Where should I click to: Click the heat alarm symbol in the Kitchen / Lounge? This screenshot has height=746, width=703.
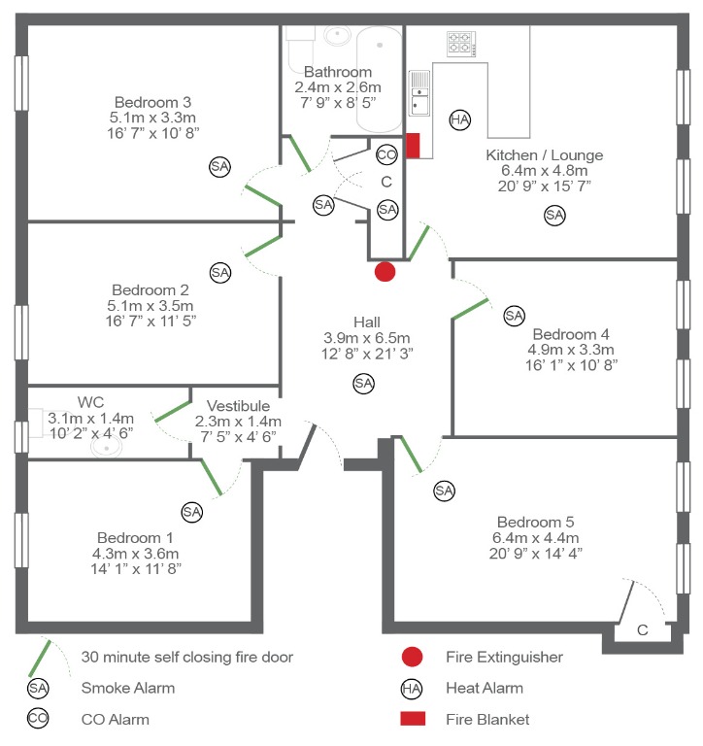point(459,119)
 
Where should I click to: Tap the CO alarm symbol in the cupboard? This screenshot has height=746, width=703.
point(386,154)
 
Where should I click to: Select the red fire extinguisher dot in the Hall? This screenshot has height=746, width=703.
point(385,272)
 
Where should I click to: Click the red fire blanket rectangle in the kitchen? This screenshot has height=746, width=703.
point(412,146)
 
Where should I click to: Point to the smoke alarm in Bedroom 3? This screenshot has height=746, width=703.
point(220,167)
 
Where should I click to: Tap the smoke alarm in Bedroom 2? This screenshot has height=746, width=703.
point(220,273)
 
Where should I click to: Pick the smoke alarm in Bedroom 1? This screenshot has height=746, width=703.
point(191,511)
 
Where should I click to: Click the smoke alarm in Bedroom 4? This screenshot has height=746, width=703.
point(514,316)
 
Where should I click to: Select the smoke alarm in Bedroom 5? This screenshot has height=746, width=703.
point(444,491)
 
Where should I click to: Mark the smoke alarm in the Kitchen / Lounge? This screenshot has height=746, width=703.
point(554,216)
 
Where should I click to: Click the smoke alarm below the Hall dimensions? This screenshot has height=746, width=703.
point(363,384)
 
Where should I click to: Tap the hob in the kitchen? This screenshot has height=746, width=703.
point(459,44)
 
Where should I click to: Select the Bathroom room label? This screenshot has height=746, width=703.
point(338,72)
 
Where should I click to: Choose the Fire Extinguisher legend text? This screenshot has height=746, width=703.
point(504,657)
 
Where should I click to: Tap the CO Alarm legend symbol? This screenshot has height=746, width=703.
point(38,720)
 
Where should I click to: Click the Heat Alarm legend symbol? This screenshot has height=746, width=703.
point(412,689)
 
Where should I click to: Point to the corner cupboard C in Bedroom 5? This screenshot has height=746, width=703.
point(642,628)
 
